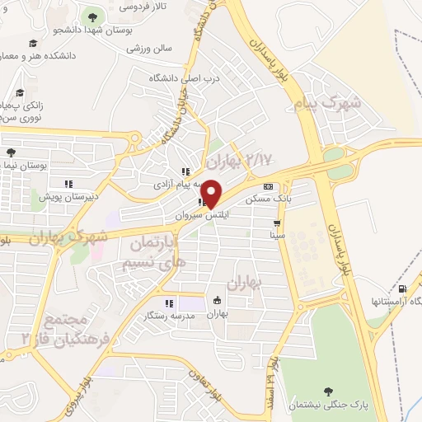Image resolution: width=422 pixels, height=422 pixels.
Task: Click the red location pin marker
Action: [211, 193]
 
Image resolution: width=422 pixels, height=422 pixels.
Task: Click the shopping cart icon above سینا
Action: [278, 223]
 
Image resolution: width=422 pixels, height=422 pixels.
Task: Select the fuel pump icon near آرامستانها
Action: [401, 288]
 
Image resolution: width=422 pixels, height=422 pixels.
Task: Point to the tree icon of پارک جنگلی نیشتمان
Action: [330, 391]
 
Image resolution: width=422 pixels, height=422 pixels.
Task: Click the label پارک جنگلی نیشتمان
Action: [331, 407]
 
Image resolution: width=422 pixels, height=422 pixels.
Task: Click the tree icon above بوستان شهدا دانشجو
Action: [91, 17]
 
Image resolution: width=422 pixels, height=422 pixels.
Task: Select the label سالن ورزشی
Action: [149, 49]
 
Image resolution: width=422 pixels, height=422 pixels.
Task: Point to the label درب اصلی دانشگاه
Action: [185, 77]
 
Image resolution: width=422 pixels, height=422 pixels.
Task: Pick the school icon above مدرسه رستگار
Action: [169, 302]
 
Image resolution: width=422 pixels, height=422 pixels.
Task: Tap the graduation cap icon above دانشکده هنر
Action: [33, 43]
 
